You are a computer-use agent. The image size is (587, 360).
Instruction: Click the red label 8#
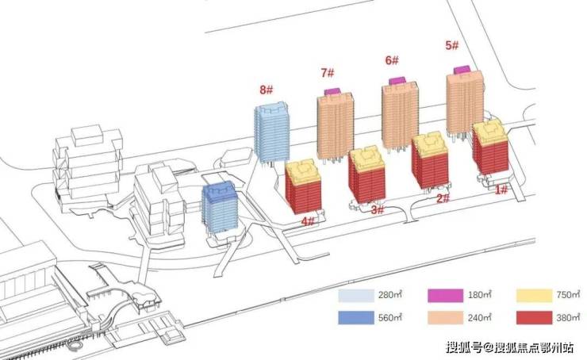click(x=267, y=91)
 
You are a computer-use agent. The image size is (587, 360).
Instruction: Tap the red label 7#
click(x=327, y=74)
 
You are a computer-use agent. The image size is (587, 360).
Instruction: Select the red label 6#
click(x=392, y=60)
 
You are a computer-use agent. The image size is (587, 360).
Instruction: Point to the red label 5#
click(x=452, y=46)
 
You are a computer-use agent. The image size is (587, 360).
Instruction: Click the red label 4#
click(x=309, y=222)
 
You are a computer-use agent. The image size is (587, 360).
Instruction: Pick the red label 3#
click(x=377, y=210)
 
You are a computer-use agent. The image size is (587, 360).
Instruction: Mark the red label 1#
click(x=501, y=189)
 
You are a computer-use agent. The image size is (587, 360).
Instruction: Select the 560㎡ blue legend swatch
click(x=355, y=317)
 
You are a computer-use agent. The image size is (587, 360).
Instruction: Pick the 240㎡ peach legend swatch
click(x=444, y=317)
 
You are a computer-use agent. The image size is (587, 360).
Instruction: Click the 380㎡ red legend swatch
click(x=532, y=317)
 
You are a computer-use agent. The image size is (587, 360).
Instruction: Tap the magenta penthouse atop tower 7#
click(x=332, y=92)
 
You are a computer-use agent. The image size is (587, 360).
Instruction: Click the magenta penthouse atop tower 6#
click(x=397, y=80)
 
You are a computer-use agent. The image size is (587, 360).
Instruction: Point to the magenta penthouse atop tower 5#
click(x=461, y=71)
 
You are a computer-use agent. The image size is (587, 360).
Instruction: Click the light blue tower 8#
click(x=271, y=132)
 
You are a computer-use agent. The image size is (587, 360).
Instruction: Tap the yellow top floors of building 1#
click(x=489, y=133)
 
